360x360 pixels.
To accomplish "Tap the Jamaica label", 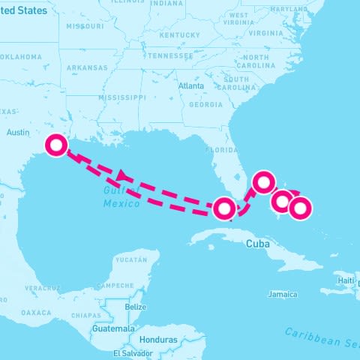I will click(x=282, y=294).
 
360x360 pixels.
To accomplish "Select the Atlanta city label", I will click(x=190, y=86).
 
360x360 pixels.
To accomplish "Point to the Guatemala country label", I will click(x=112, y=328).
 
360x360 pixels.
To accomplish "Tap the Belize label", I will click(x=136, y=307).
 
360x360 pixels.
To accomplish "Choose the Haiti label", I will click(x=346, y=280).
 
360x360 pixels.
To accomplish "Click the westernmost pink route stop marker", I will click(x=55, y=145).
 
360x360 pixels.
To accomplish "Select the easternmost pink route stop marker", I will click(x=299, y=208).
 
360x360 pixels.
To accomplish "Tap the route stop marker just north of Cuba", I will click(x=223, y=208).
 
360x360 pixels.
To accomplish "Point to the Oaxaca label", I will click(x=36, y=312).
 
